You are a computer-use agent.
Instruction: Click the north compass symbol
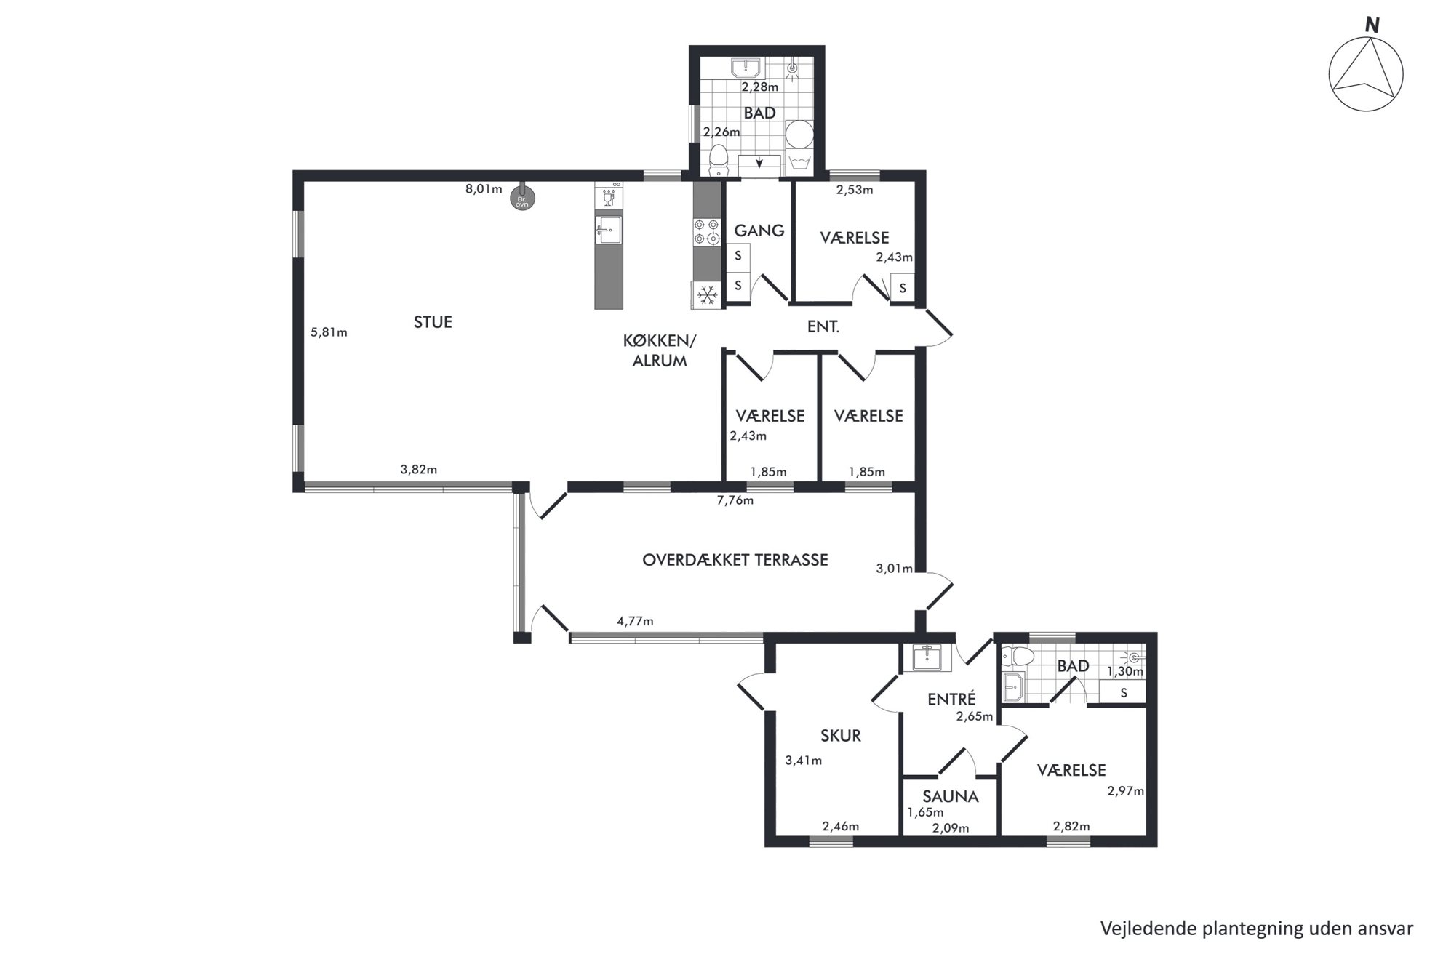point(1365,73)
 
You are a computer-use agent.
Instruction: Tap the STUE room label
point(433,322)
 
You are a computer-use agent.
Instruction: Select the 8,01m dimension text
point(484,189)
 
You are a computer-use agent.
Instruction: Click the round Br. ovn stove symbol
point(522,199)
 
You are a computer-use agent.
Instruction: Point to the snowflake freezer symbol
point(707,294)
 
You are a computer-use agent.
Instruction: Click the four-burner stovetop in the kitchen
point(706,232)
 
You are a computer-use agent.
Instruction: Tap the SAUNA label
point(951,797)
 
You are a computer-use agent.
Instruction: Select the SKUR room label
point(840,736)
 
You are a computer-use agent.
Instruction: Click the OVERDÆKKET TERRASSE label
point(735,560)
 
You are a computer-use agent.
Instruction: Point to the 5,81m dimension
point(329,332)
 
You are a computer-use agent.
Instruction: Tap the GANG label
point(759,231)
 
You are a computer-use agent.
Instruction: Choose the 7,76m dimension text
point(735,500)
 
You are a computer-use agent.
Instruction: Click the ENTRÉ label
point(951,700)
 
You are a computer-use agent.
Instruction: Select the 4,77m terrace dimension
point(635,621)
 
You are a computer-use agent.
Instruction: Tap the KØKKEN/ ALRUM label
point(660,350)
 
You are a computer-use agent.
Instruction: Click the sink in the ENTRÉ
point(927,657)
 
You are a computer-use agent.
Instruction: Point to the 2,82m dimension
point(1071,826)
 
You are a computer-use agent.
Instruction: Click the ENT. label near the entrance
point(823,327)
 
